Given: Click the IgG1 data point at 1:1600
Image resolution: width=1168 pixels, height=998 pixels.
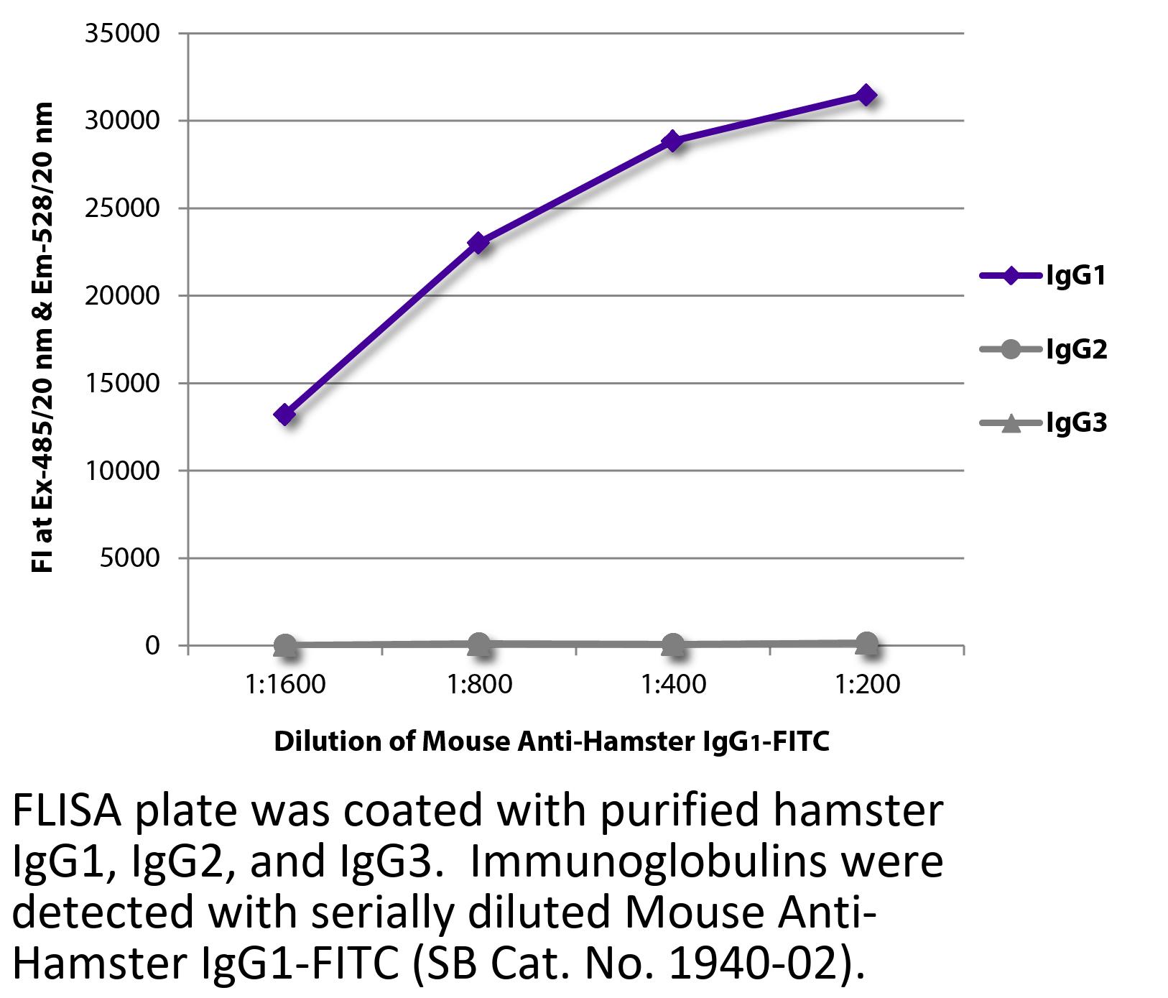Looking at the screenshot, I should (x=285, y=415).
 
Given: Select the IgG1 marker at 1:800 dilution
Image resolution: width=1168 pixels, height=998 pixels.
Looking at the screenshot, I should (x=478, y=243).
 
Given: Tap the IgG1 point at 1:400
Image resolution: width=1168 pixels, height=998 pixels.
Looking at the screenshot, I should (x=672, y=140).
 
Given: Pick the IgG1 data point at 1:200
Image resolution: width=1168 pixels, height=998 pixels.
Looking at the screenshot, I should (x=866, y=95).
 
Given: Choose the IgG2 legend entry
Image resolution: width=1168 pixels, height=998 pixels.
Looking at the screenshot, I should (x=1043, y=350).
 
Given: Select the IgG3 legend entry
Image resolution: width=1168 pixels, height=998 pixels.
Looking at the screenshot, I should (x=1043, y=423).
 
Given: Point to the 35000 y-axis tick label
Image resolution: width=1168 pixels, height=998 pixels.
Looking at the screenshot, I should (x=122, y=34).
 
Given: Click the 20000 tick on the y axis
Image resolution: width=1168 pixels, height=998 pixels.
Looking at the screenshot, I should (x=122, y=295).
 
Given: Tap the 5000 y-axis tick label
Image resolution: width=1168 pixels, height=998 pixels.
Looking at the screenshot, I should (x=129, y=558).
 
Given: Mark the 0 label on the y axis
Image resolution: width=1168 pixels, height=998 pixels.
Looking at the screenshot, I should (x=152, y=645).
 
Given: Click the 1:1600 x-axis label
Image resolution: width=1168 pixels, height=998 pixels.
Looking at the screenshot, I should (x=285, y=684).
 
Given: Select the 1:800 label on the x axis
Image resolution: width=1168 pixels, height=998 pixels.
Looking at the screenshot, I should (x=479, y=684).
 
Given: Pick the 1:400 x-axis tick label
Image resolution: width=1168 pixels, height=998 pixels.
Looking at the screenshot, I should (x=673, y=684).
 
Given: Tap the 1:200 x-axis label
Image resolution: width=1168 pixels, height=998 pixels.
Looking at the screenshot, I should (x=867, y=684).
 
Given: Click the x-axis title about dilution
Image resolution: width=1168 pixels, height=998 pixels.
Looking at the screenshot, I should (x=552, y=741).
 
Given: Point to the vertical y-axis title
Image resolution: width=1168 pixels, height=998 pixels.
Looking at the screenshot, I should (x=42, y=338).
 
